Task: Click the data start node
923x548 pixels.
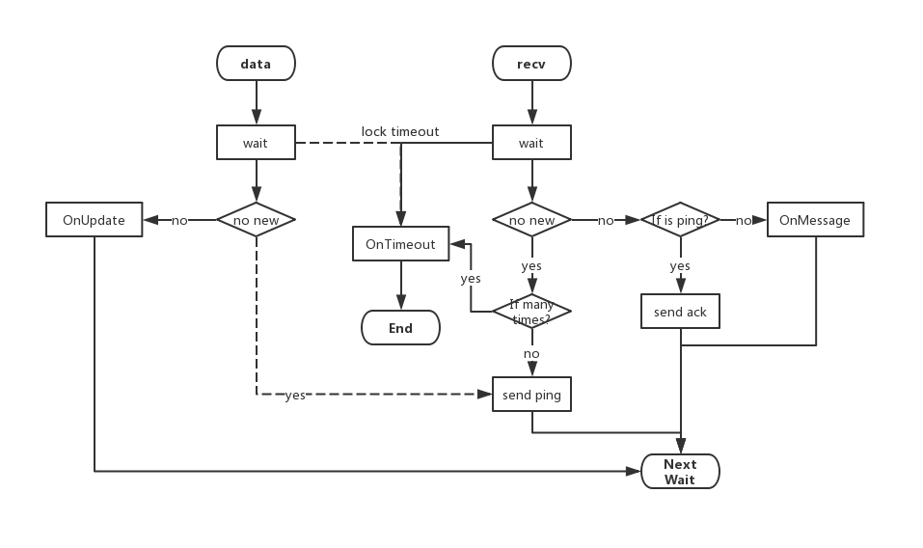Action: click(x=256, y=64)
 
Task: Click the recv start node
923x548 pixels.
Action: click(x=531, y=64)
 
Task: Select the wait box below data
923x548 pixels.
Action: click(x=256, y=143)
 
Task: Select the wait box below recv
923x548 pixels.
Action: click(x=531, y=143)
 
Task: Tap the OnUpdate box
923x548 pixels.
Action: click(x=95, y=220)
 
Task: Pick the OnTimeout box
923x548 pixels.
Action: click(x=400, y=245)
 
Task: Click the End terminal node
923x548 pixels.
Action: click(x=400, y=328)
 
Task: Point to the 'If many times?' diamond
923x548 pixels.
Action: click(x=531, y=312)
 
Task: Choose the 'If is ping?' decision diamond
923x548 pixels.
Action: click(x=680, y=220)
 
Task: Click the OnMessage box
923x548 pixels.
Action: click(x=815, y=220)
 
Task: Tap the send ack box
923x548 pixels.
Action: click(x=680, y=312)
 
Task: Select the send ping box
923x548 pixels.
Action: click(x=531, y=395)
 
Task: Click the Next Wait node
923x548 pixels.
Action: click(x=680, y=472)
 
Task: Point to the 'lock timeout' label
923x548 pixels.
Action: click(x=400, y=131)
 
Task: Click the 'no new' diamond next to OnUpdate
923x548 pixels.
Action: click(x=256, y=220)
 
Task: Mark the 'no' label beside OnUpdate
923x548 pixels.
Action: click(x=179, y=221)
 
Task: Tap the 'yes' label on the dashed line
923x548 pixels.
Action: click(x=295, y=396)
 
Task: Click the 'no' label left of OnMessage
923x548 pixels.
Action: click(x=744, y=221)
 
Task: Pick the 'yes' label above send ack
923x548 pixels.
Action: click(x=680, y=265)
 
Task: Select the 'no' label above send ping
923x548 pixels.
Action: click(x=531, y=354)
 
